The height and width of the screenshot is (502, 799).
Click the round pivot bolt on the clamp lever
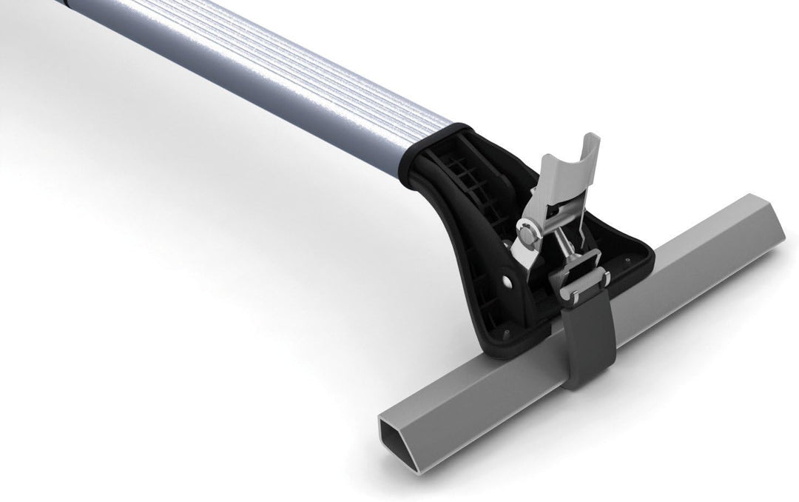[527, 236]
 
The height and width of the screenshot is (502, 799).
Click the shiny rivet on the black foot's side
[507, 281]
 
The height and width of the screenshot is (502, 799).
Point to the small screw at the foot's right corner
[628, 260]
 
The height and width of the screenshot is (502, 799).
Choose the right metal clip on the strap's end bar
[605, 278]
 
